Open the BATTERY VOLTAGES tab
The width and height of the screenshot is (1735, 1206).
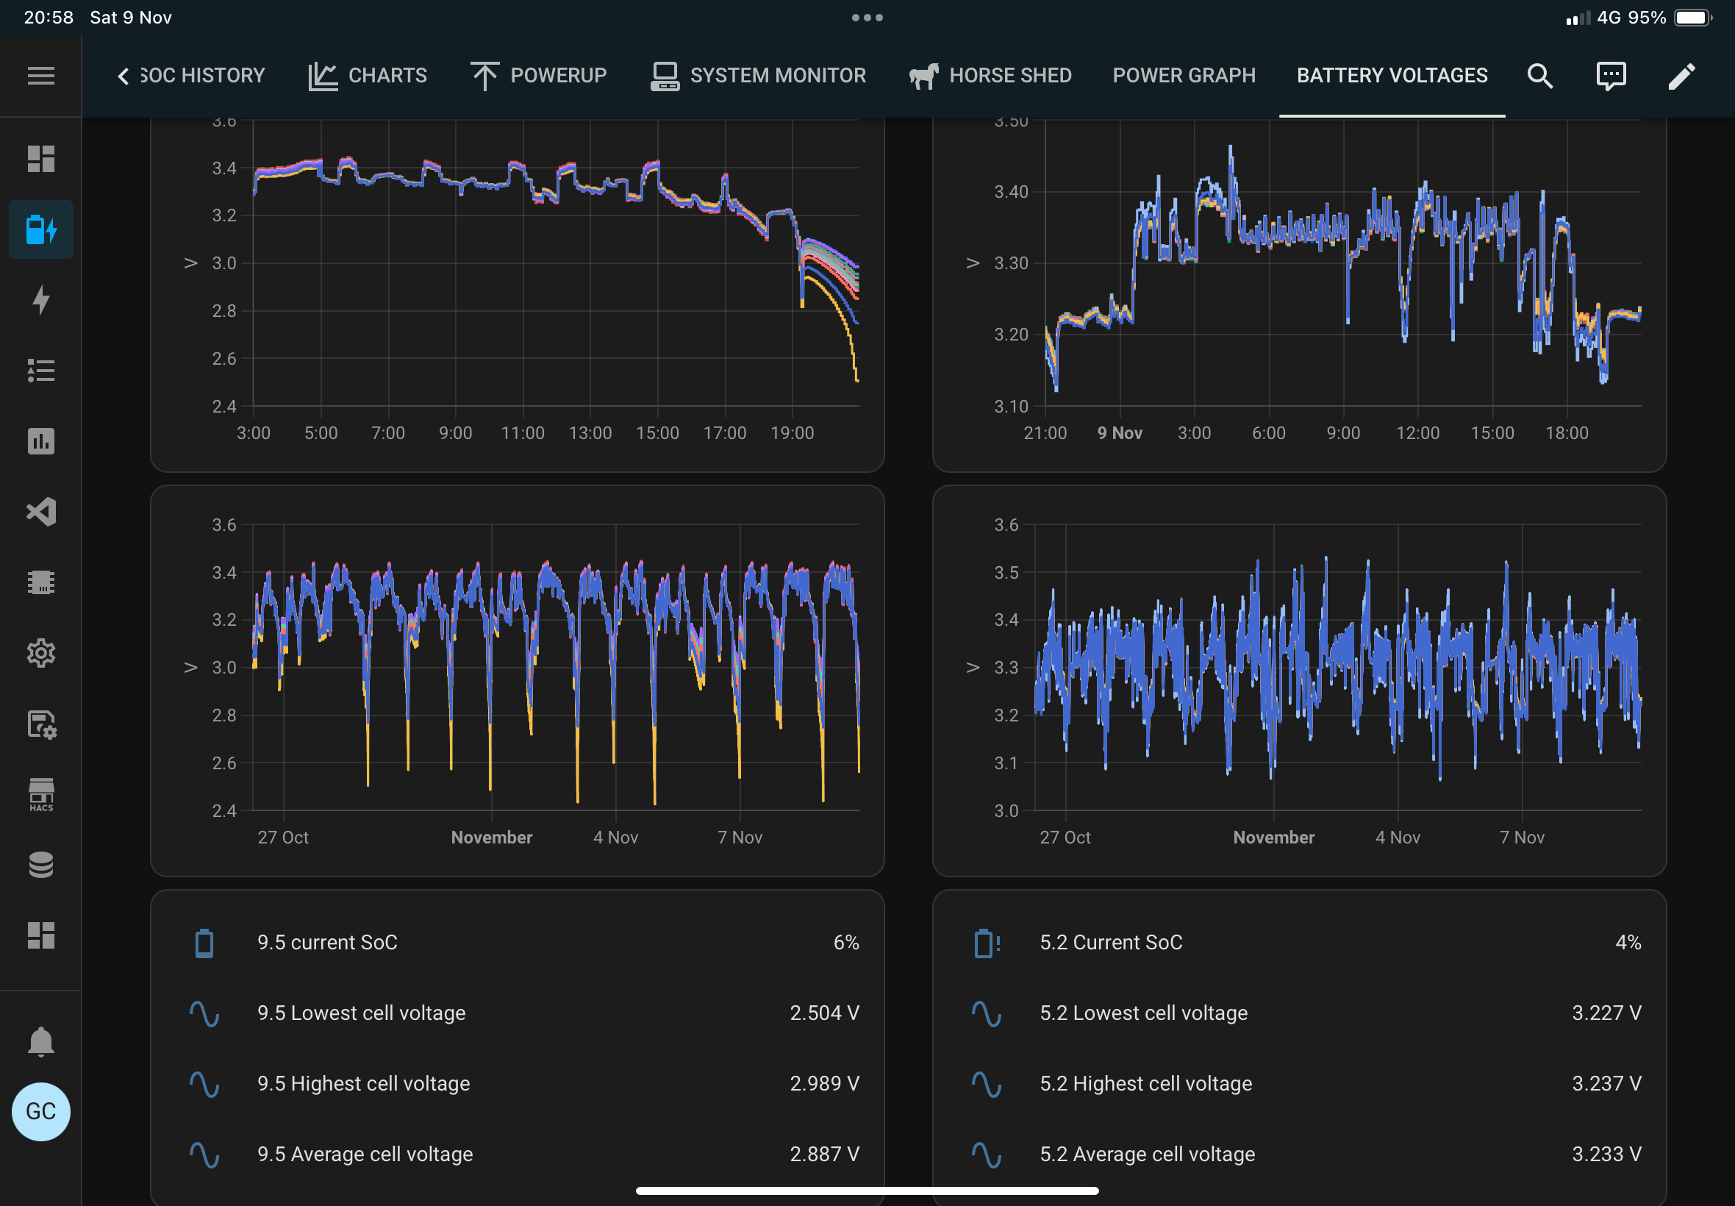pos(1392,76)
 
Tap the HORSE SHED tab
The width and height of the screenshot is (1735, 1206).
pos(990,76)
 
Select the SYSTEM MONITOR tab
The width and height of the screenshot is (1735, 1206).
pos(759,76)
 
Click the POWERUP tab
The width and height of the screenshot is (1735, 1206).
pos(539,76)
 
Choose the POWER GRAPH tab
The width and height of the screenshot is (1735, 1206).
pos(1184,76)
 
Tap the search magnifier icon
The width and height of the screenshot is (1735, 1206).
pos(1539,76)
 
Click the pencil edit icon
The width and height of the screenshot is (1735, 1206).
pos(1681,76)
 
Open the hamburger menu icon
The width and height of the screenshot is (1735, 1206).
pos(40,76)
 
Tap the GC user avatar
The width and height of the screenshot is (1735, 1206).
pos(40,1111)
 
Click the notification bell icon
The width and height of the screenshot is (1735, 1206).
pos(40,1041)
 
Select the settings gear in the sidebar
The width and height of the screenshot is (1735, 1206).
pos(40,653)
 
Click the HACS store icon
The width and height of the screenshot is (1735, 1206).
pos(40,794)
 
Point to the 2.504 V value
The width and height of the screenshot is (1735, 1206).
pos(824,1013)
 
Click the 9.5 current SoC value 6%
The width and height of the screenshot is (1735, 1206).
pos(846,942)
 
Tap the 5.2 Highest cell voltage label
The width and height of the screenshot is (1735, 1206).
pos(1145,1084)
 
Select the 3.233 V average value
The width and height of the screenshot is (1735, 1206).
pos(1606,1154)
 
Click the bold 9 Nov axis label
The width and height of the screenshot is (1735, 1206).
pos(1120,433)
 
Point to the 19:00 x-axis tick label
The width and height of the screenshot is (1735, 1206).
pos(792,433)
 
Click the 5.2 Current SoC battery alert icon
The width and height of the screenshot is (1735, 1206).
pos(987,943)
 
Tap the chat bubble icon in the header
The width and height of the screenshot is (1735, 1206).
pos(1610,76)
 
